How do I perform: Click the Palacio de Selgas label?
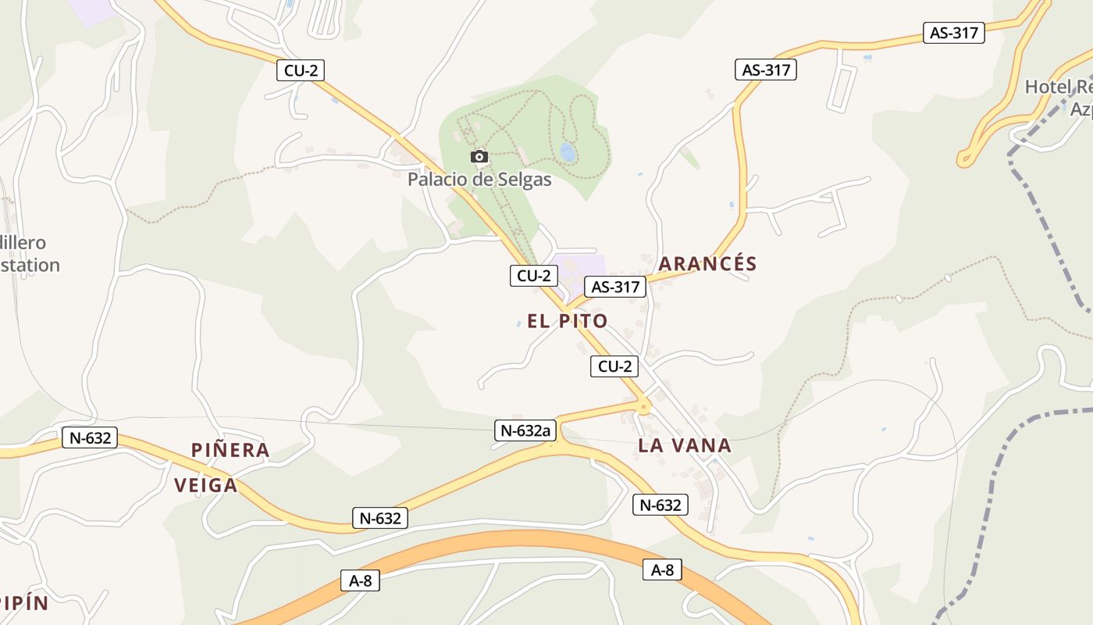coord(479,180)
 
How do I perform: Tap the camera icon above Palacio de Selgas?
coord(479,157)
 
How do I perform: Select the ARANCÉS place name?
coord(707,264)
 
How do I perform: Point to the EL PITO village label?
coord(568,321)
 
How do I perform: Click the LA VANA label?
coord(685,446)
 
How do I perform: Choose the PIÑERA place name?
coord(231,450)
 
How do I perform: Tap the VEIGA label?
coord(206,486)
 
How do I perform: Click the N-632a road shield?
coord(525,430)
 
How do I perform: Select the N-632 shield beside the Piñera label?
coord(90,437)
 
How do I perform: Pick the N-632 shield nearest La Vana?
coord(660,505)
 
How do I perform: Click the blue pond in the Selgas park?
coord(568,152)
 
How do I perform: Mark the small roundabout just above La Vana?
coord(644,406)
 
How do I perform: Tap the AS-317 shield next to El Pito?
coord(615,287)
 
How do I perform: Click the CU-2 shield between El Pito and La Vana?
coord(614,366)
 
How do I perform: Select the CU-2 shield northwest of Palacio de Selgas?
coord(301,70)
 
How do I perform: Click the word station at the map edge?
coord(30,265)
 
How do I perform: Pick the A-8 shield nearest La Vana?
coord(662,570)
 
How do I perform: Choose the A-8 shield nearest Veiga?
coord(360,580)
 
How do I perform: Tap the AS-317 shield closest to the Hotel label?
coord(953,33)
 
